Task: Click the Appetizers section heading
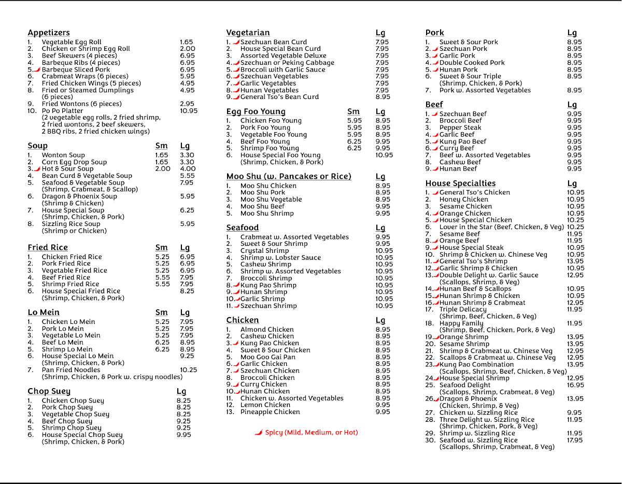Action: click(49, 33)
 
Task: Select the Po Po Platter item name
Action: click(62, 110)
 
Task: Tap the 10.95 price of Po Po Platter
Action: click(189, 110)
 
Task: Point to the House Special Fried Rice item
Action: click(81, 291)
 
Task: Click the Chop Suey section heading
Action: click(49, 391)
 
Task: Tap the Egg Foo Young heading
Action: click(256, 111)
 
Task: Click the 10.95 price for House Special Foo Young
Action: click(384, 155)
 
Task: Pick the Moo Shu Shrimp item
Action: click(267, 213)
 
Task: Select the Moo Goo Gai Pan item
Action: click(268, 357)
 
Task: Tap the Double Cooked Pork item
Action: click(472, 63)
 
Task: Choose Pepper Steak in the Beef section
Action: click(460, 127)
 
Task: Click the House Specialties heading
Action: click(460, 183)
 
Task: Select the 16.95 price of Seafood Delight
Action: click(575, 385)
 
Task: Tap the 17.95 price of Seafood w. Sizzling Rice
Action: click(575, 440)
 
